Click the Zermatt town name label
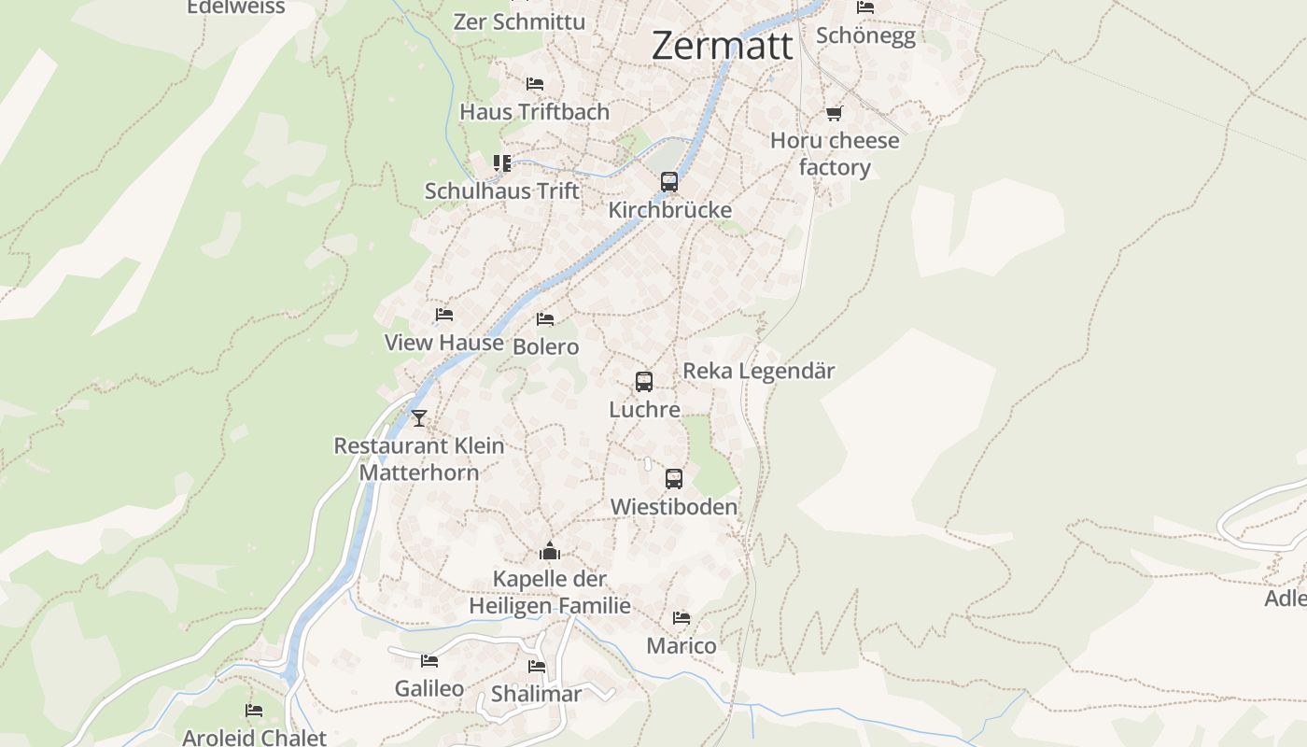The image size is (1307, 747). (723, 46)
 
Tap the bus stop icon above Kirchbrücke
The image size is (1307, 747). (669, 182)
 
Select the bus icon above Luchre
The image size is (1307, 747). (644, 382)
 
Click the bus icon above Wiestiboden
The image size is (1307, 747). (674, 479)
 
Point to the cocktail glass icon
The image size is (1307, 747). (419, 418)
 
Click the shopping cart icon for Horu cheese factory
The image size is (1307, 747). (834, 114)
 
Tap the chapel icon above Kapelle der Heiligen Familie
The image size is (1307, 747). (550, 551)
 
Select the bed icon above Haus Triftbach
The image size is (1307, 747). (535, 84)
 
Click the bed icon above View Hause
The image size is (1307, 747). (444, 316)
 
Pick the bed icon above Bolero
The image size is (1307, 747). (546, 319)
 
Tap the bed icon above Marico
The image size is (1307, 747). (682, 618)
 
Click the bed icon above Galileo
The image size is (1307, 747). (429, 661)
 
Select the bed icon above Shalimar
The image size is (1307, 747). (537, 667)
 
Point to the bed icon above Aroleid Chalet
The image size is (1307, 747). (254, 711)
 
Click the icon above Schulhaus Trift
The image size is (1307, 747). (502, 163)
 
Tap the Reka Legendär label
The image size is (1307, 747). (758, 371)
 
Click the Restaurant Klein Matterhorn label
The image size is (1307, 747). (419, 458)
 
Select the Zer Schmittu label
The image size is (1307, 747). (519, 21)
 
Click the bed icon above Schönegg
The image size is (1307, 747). (865, 7)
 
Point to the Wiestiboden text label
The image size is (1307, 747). (673, 507)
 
